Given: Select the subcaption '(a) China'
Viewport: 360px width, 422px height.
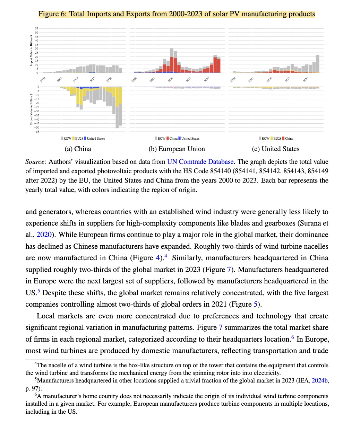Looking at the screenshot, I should click(78, 149).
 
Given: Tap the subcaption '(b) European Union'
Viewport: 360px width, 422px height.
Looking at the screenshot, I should click(177, 149).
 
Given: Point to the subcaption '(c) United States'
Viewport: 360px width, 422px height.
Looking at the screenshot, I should click(275, 149).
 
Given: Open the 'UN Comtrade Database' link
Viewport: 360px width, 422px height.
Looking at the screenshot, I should click(200, 162).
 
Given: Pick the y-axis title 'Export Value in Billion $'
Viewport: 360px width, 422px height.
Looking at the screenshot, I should click(31, 109).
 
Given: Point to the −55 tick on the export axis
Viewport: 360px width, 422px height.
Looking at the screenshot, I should click(36, 131).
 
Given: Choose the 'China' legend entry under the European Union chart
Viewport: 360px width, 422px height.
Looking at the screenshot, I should click(173, 139).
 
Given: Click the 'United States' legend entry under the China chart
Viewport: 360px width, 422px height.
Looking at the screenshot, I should click(95, 139).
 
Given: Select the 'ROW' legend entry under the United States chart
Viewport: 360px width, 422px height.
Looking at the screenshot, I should click(265, 139).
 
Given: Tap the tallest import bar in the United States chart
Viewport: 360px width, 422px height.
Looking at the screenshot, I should click(317, 64).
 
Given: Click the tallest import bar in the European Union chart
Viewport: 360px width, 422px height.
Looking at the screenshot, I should click(172, 60).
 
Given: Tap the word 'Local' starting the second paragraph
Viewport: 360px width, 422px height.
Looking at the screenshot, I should click(46, 316).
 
